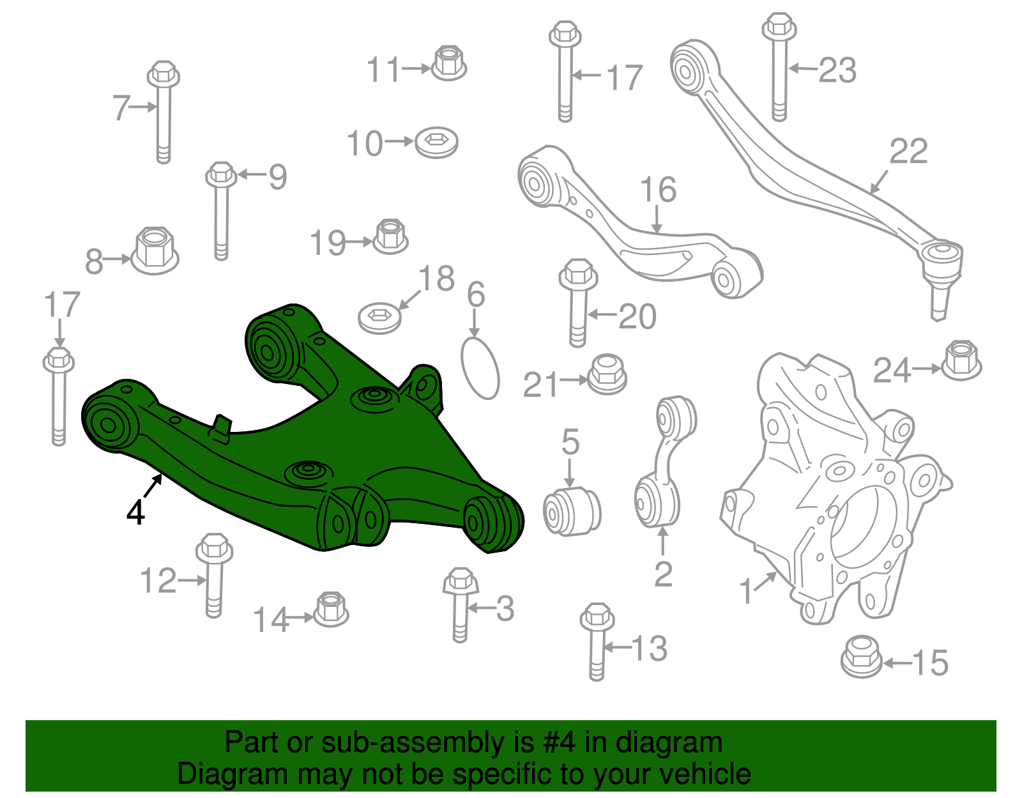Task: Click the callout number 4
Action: pyautogui.click(x=135, y=512)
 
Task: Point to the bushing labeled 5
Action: pyautogui.click(x=572, y=510)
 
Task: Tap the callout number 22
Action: pyautogui.click(x=908, y=152)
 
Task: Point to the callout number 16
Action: pyautogui.click(x=658, y=190)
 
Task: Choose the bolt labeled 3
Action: pyautogui.click(x=460, y=604)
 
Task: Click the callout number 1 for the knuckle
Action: pyautogui.click(x=746, y=591)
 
